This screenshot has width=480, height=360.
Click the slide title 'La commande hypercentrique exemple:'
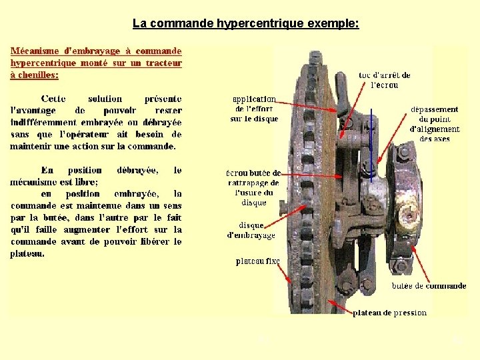(245, 24)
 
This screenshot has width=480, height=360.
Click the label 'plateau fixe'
(258, 261)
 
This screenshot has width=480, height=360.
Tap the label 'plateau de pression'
(389, 312)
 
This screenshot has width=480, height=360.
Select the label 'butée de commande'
(429, 286)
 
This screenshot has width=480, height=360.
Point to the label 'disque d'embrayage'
(251, 230)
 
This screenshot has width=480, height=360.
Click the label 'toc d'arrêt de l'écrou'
(384, 80)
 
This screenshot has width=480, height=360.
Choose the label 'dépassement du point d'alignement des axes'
(434, 124)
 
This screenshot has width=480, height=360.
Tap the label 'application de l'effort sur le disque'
(254, 109)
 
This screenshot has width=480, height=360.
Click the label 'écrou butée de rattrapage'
(254, 187)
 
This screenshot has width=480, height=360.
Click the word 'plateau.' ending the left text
(28, 253)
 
